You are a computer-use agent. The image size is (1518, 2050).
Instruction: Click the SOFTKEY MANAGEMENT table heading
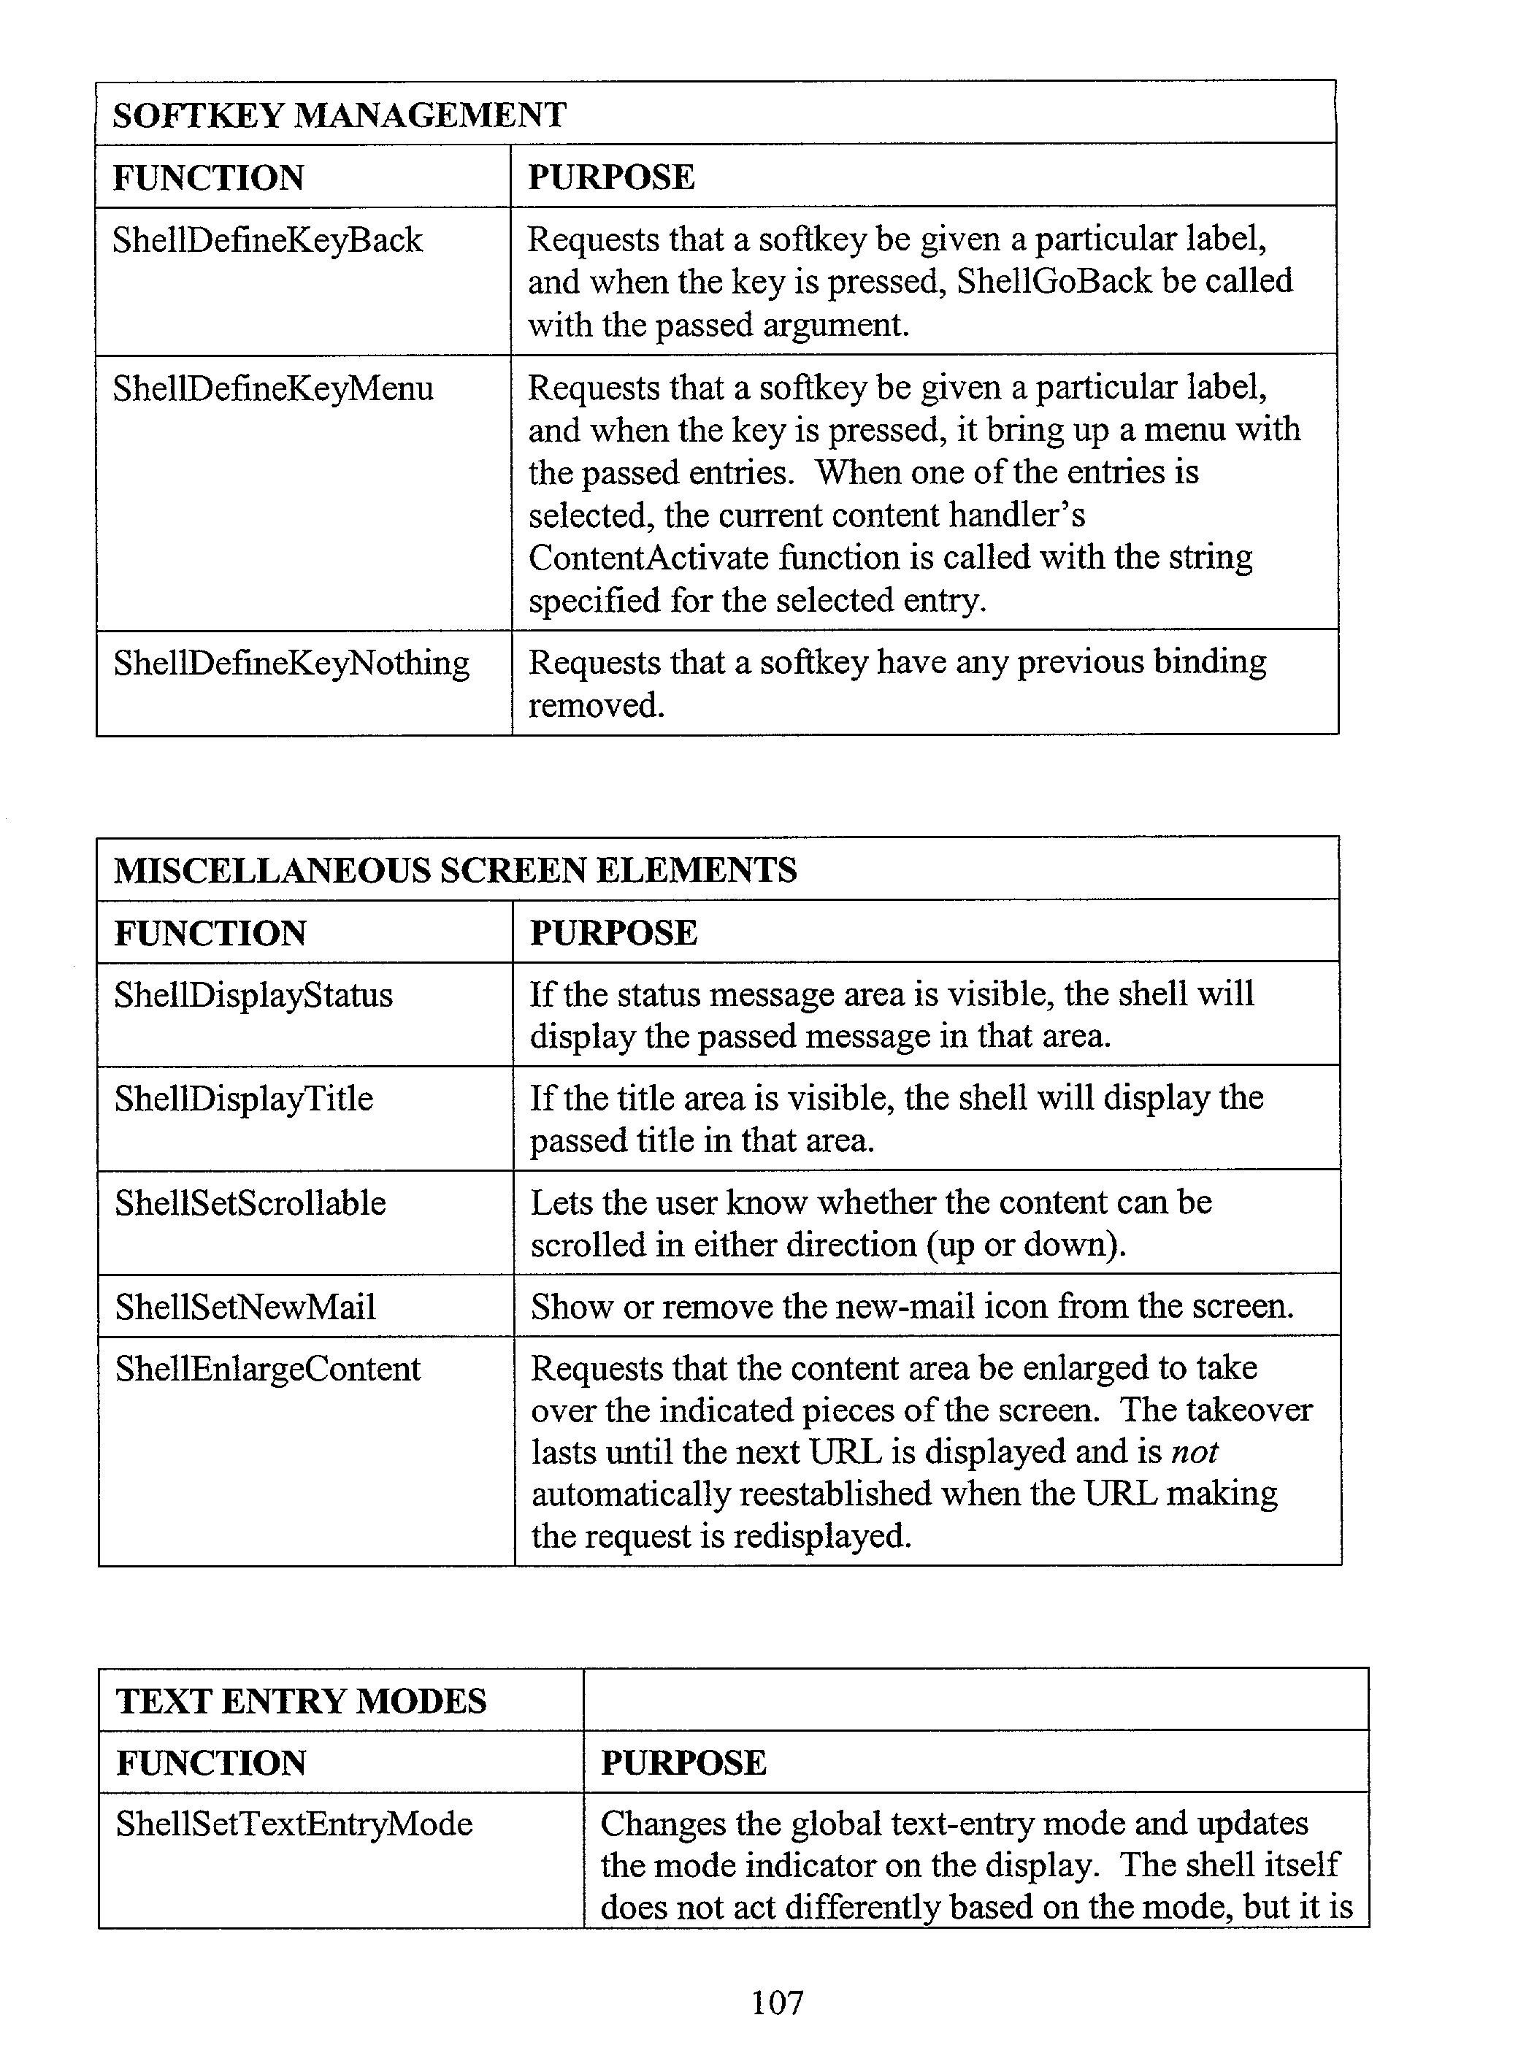[x=339, y=115]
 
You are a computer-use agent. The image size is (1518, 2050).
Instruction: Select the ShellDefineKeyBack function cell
[x=267, y=241]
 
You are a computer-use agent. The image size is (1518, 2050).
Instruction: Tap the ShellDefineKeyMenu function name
[x=273, y=388]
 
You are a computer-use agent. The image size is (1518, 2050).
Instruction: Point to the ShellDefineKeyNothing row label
[x=291, y=662]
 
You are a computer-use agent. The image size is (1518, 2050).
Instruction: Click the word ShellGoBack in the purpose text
[x=1053, y=281]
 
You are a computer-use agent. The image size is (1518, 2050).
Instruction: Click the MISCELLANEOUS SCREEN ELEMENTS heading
[x=455, y=869]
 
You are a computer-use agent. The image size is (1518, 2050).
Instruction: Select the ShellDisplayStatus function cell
[x=253, y=995]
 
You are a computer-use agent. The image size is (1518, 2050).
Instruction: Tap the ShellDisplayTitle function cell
[x=243, y=1099]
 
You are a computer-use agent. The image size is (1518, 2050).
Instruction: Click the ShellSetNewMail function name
[x=245, y=1307]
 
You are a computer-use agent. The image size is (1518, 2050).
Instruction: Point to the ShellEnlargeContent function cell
[x=267, y=1369]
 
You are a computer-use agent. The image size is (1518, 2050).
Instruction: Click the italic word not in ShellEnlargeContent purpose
[x=1195, y=1452]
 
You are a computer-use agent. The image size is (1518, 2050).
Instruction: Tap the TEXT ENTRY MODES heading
[x=302, y=1701]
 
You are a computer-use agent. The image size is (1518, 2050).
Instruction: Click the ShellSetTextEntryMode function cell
[x=294, y=1823]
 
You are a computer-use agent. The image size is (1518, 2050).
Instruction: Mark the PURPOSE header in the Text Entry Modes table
[x=683, y=1762]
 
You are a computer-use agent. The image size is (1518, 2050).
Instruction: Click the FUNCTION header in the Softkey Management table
[x=209, y=177]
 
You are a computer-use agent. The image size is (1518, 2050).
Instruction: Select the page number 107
[x=778, y=2001]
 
